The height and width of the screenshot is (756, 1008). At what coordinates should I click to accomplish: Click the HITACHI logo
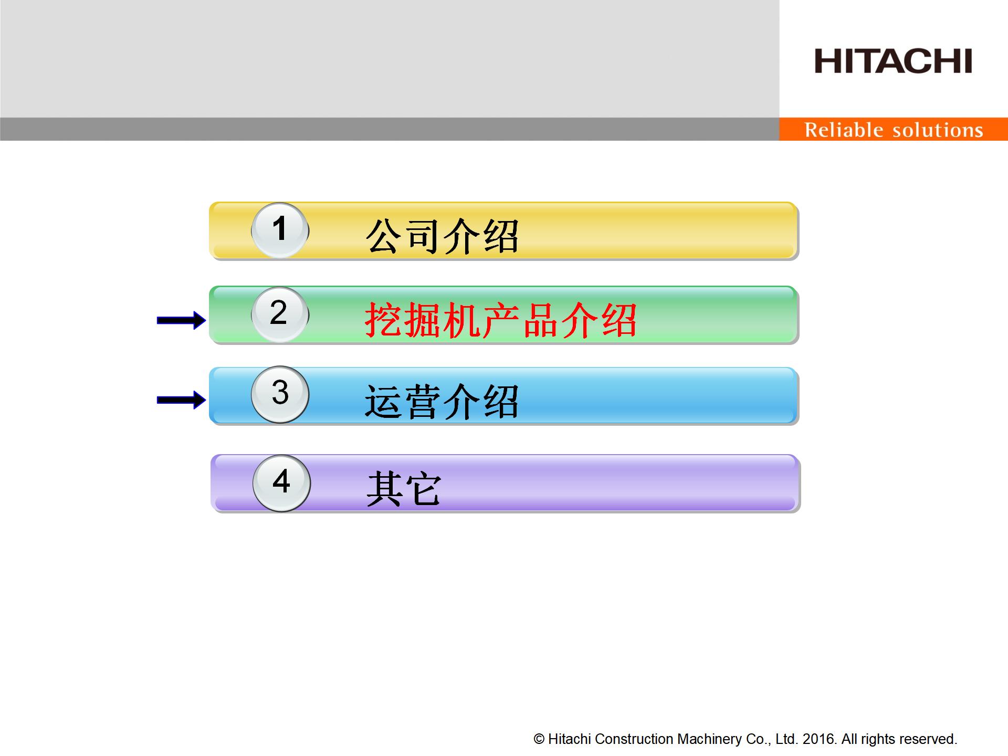tap(893, 61)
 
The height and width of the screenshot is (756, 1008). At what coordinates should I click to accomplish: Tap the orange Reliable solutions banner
tap(894, 129)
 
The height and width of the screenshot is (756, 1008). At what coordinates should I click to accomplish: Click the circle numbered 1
tap(280, 230)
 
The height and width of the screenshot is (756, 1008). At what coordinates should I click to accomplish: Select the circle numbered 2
tap(280, 314)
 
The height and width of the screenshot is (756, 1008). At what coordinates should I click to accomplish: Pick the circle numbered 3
tap(280, 394)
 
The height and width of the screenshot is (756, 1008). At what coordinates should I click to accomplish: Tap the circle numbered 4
tap(281, 483)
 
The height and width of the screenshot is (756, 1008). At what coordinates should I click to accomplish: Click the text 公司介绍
tap(442, 236)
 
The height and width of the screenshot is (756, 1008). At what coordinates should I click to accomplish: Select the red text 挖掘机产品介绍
tap(501, 320)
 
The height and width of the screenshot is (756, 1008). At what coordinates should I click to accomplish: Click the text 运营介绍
tap(442, 401)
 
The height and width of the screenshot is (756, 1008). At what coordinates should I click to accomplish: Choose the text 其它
tap(404, 488)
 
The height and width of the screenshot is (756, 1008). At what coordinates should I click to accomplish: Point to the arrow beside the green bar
tap(182, 320)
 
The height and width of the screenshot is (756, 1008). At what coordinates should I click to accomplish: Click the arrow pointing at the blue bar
tap(182, 400)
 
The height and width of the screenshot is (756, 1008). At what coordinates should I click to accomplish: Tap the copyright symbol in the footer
tap(539, 739)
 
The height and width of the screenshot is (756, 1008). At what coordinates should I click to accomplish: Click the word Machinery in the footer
tap(709, 740)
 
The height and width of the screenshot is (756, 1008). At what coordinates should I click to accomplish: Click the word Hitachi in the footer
tap(570, 739)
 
